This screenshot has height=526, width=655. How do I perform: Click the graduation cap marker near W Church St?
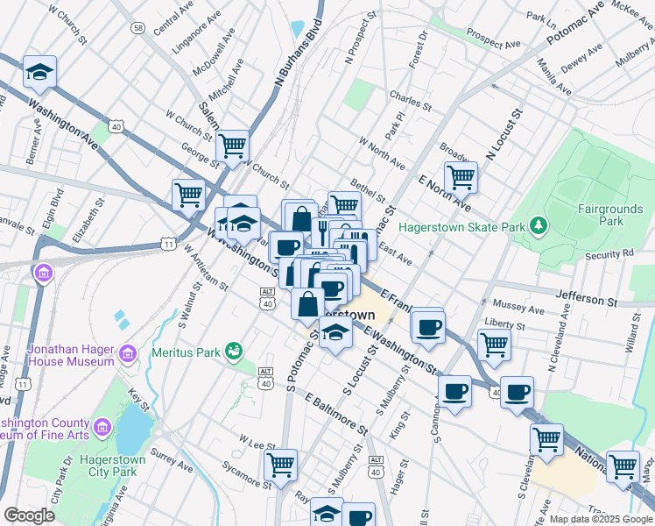(x=39, y=72)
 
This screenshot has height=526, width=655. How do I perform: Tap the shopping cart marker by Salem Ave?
(x=232, y=146)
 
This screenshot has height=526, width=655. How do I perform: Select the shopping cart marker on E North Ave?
(x=460, y=177)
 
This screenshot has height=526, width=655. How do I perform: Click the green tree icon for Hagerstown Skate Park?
(x=541, y=227)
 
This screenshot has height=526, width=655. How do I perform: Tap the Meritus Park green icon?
(x=233, y=352)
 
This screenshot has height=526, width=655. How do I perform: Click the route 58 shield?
(x=138, y=28)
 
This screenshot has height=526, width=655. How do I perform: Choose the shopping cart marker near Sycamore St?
(x=280, y=465)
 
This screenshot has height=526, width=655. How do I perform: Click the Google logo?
(x=29, y=515)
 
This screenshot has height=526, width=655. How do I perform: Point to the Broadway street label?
(x=457, y=152)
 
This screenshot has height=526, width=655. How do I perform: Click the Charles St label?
(x=407, y=100)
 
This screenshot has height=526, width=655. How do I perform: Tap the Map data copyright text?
(x=600, y=519)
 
